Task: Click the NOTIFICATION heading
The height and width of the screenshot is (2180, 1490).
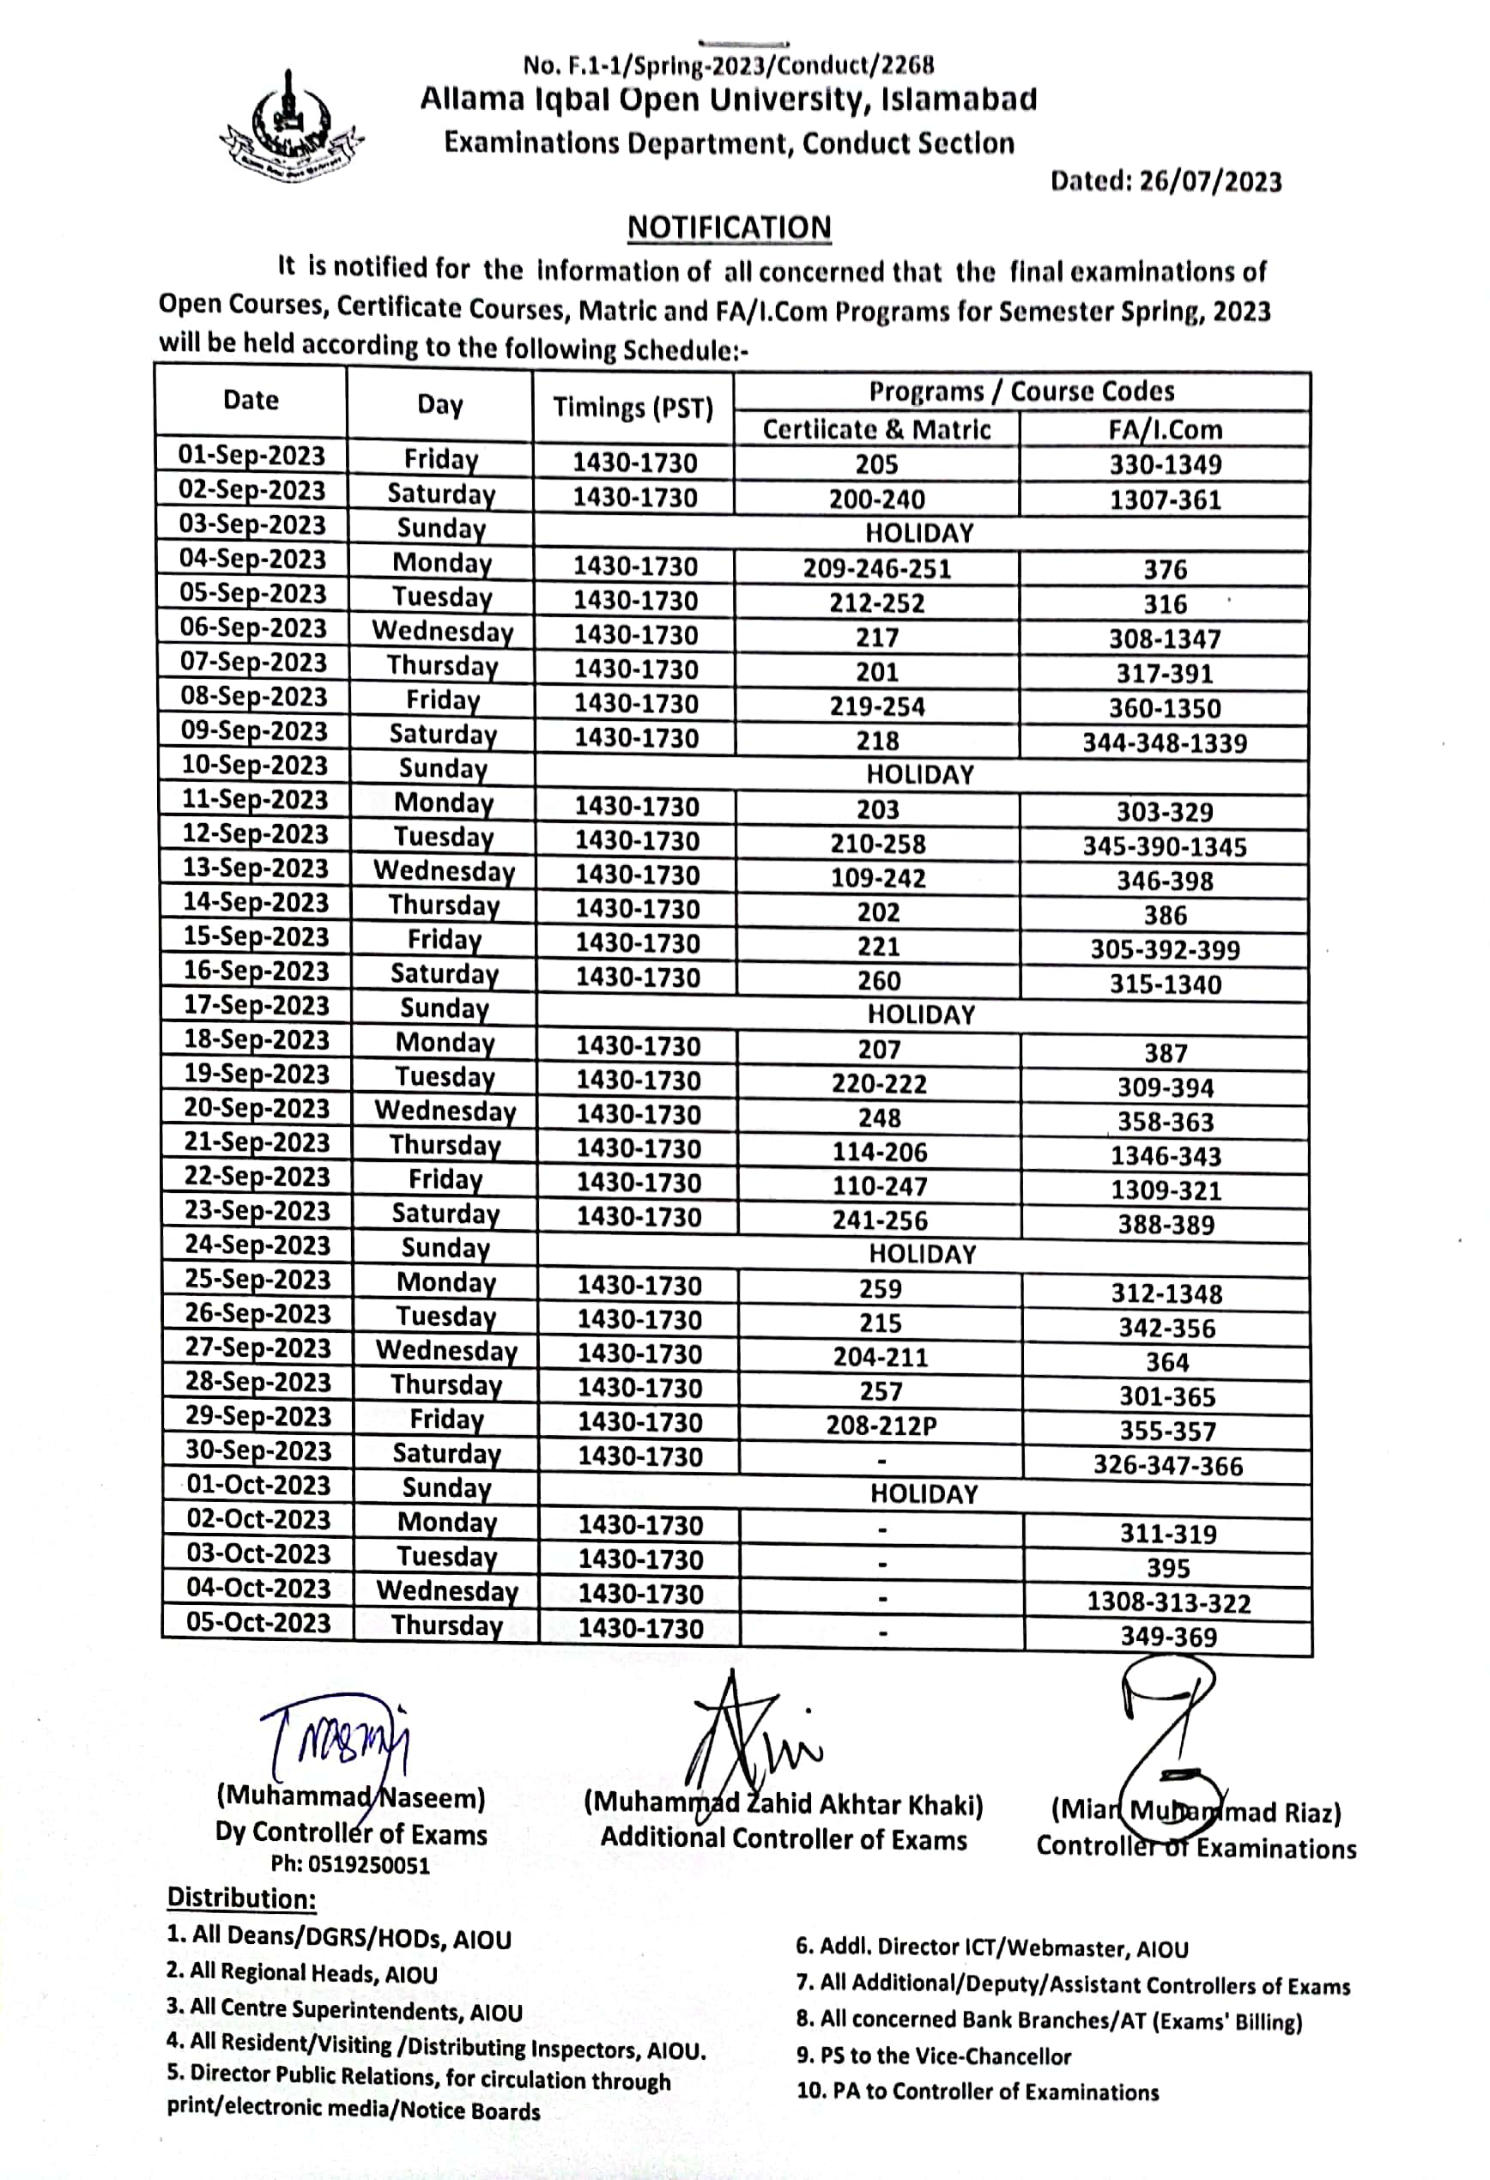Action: (x=729, y=228)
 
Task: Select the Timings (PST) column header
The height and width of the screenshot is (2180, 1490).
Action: (x=633, y=407)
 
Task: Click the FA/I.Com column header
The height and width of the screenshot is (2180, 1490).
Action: (x=1166, y=430)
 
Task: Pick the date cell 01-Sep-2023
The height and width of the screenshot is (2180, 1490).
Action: (x=251, y=456)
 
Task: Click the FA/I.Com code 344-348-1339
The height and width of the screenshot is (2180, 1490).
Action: (x=1165, y=743)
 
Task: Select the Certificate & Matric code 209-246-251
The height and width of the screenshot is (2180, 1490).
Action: (x=876, y=568)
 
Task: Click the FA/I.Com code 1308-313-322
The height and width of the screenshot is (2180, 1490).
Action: (x=1168, y=1602)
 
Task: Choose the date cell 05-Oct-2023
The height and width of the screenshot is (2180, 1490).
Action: (x=258, y=1623)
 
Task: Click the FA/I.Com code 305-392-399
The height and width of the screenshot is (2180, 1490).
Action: (x=1165, y=949)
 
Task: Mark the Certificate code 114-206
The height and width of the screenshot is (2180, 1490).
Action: (x=879, y=1152)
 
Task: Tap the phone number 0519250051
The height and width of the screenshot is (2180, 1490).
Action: (x=350, y=1865)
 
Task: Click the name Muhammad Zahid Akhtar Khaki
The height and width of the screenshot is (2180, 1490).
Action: (x=783, y=1804)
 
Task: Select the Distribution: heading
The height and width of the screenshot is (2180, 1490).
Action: (x=241, y=1898)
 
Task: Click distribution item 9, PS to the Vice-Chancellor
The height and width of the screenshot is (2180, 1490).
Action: (x=933, y=2056)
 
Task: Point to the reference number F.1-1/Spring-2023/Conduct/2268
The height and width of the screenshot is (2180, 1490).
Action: (x=728, y=64)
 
